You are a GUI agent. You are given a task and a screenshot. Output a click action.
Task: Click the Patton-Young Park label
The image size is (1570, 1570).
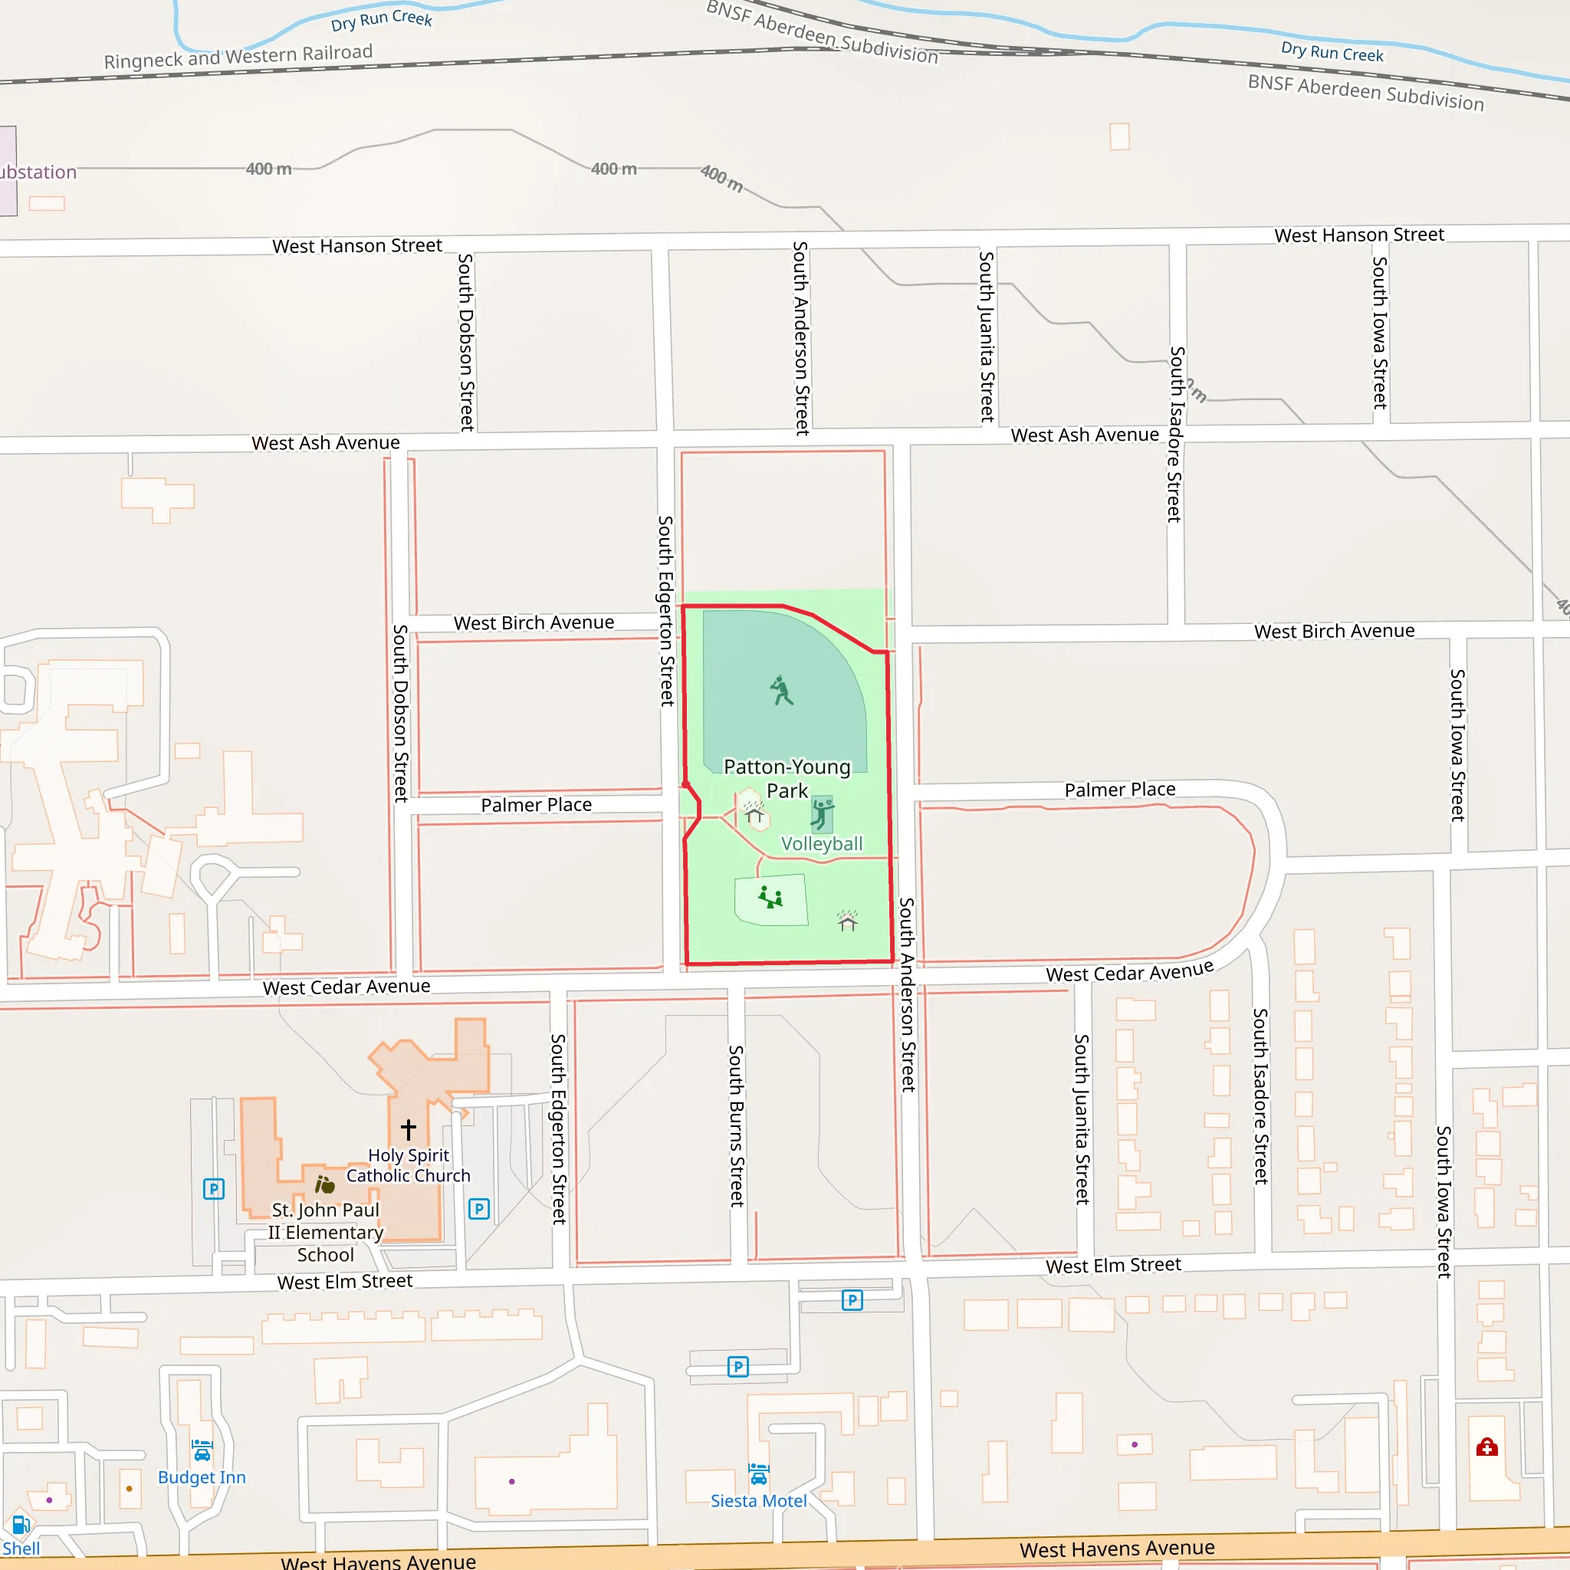[x=787, y=779]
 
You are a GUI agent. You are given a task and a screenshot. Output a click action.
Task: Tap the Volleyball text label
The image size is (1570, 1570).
[x=822, y=843]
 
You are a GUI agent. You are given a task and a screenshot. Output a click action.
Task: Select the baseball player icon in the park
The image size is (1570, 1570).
[x=781, y=691]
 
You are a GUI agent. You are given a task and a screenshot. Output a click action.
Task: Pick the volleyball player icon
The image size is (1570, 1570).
[x=822, y=813]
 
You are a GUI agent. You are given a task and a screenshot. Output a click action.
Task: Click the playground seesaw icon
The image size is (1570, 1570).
[x=770, y=897]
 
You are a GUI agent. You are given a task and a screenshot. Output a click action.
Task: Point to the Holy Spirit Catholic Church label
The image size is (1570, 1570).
[x=408, y=1165]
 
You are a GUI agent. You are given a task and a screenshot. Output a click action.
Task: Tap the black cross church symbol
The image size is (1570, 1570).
[x=408, y=1128]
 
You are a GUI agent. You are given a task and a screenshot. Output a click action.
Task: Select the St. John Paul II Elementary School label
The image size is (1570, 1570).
[x=325, y=1232]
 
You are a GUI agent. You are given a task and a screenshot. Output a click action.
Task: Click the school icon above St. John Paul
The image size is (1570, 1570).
[x=325, y=1185]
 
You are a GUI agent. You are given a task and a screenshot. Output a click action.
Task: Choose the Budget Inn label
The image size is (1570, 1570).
[x=202, y=1477]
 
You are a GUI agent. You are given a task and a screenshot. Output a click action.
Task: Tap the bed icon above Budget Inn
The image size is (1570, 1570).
[x=202, y=1450]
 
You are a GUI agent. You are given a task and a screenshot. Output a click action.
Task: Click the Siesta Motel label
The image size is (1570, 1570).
[x=758, y=1501]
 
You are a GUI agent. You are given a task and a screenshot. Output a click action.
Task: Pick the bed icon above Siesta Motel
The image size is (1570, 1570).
[x=758, y=1474]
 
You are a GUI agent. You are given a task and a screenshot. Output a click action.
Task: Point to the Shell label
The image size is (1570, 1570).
[x=21, y=1548]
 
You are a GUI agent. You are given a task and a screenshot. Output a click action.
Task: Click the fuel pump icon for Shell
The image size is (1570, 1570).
[x=21, y=1526]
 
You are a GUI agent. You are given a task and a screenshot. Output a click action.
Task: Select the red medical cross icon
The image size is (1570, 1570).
[x=1487, y=1447]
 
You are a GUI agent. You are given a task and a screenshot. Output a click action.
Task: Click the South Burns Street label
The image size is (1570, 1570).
[x=736, y=1125]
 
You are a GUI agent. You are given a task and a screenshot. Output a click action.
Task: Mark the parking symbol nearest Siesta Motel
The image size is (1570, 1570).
[x=738, y=1367]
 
